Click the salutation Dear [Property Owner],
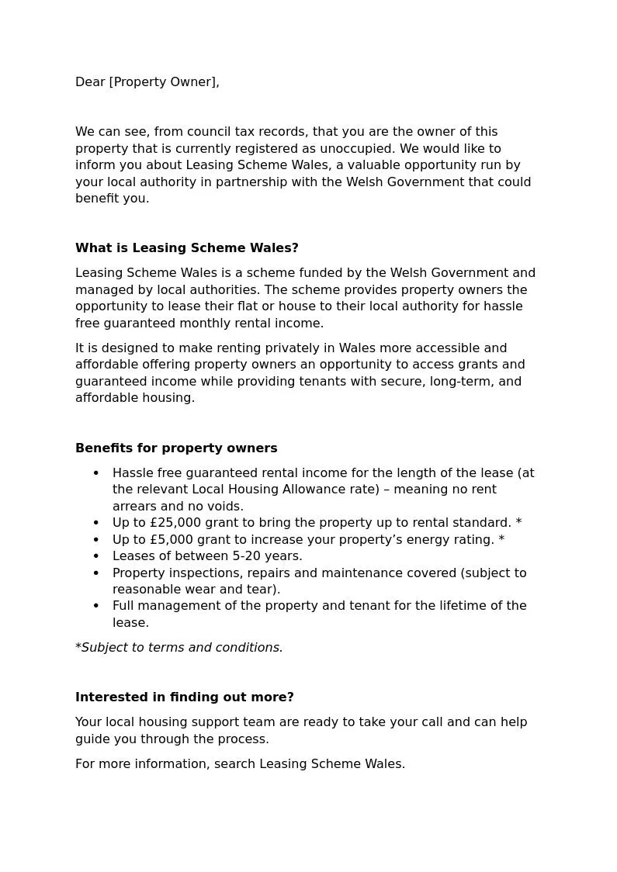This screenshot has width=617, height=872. (x=147, y=82)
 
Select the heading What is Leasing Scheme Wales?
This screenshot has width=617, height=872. (x=186, y=248)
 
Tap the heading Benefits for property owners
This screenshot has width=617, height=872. (x=176, y=448)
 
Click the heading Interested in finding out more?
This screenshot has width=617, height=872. (x=185, y=697)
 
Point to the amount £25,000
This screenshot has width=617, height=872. (x=172, y=523)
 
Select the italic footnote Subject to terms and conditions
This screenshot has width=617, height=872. (x=182, y=648)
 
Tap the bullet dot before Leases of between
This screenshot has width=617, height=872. (x=96, y=556)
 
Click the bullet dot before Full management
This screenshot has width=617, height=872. (x=96, y=606)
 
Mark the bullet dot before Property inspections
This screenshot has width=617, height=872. (x=96, y=573)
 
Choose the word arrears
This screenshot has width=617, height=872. (x=136, y=507)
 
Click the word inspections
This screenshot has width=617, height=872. (x=206, y=573)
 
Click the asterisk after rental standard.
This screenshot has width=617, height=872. (x=518, y=523)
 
